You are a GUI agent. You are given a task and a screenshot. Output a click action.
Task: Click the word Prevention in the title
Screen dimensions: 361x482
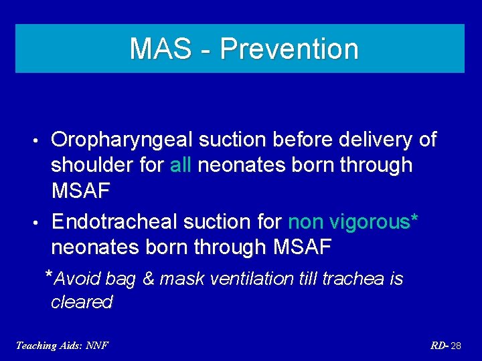tap(289, 49)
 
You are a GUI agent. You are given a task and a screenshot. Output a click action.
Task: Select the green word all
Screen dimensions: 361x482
tap(181, 165)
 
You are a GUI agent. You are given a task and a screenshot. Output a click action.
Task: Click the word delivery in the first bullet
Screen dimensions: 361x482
tap(372, 140)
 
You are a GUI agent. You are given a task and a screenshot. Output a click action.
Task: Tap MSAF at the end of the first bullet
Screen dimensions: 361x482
tap(80, 191)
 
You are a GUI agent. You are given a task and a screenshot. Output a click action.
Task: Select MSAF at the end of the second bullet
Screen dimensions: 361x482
tap(303, 247)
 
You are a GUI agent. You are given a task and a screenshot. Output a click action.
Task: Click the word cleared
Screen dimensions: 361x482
tap(82, 302)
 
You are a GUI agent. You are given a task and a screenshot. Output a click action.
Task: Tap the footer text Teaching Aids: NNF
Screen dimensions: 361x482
tap(62, 345)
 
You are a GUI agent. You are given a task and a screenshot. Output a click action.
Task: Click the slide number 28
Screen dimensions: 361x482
tap(457, 345)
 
